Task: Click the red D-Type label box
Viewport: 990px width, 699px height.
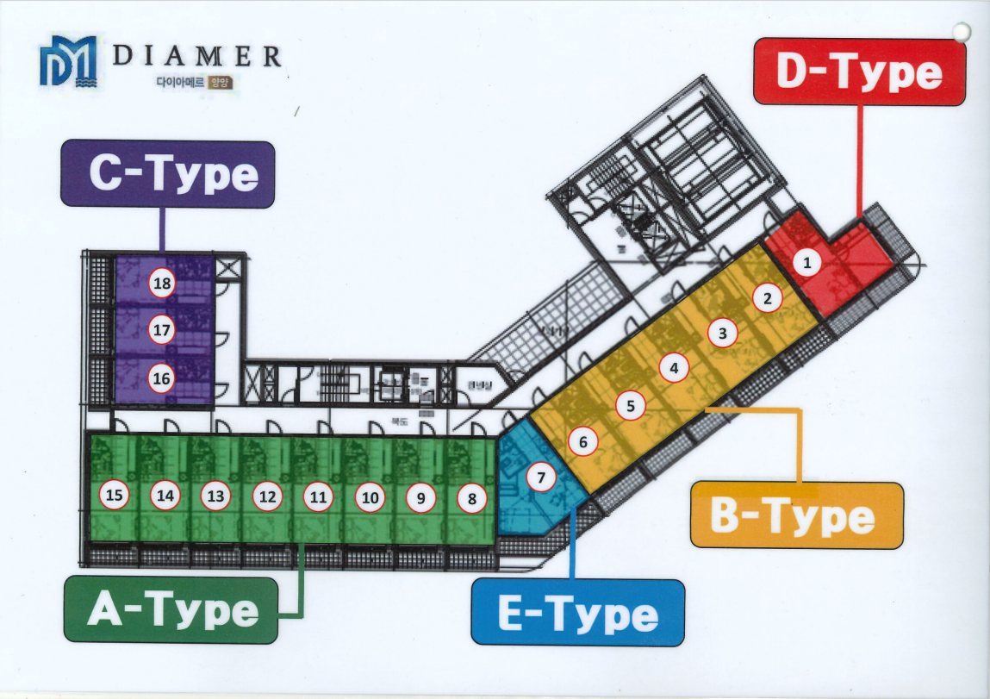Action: (859, 72)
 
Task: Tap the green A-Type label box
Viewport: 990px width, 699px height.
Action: (171, 610)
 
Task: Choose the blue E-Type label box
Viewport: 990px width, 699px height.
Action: (577, 613)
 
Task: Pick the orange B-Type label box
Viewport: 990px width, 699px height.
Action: (796, 515)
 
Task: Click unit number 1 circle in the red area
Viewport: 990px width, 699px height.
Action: (806, 263)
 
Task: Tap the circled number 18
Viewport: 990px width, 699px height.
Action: (161, 284)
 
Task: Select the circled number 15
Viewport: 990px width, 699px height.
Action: (115, 496)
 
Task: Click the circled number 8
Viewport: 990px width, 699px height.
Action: (471, 497)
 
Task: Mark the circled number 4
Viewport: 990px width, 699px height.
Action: (675, 368)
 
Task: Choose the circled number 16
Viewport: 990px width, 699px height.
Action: (161, 377)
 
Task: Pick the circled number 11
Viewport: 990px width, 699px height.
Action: (319, 496)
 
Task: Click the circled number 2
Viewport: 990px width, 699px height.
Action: (767, 299)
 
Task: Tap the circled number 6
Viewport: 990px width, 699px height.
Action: (582, 442)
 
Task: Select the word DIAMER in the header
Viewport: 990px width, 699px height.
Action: (197, 57)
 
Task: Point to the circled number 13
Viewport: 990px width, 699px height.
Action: (215, 496)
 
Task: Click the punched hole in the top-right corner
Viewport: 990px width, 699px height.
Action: (961, 31)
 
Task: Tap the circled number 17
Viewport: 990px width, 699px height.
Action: (161, 329)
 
